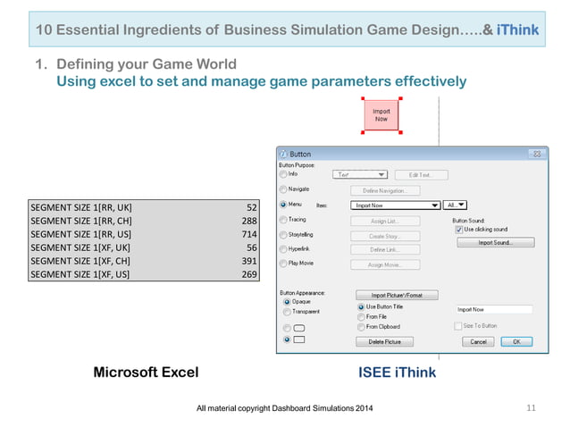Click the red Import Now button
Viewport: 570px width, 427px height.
pyautogui.click(x=381, y=115)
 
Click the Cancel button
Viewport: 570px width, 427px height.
pyautogui.click(x=480, y=341)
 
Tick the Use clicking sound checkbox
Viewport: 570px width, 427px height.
pyautogui.click(x=458, y=230)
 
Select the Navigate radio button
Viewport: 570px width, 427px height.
pyautogui.click(x=285, y=189)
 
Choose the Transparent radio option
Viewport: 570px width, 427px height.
pyautogui.click(x=286, y=312)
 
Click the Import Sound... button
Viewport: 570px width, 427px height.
pyautogui.click(x=494, y=242)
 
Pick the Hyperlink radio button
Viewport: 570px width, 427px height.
pyautogui.click(x=285, y=249)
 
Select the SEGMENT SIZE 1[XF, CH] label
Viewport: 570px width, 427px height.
pyautogui.click(x=81, y=260)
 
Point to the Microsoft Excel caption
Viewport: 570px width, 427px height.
pyautogui.click(x=147, y=373)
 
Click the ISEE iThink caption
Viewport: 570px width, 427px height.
pyautogui.click(x=397, y=373)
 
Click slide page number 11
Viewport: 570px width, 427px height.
pyautogui.click(x=531, y=408)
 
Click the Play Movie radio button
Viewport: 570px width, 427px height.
pyautogui.click(x=285, y=264)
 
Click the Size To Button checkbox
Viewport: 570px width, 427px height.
pyautogui.click(x=458, y=326)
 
